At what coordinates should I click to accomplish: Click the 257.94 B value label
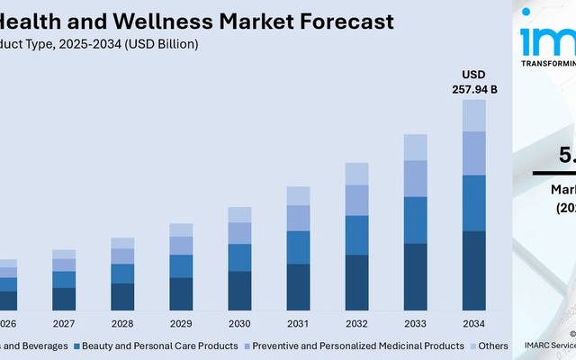[x=474, y=89]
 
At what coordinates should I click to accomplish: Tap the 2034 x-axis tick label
[x=474, y=323]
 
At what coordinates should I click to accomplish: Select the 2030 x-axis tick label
[x=239, y=323]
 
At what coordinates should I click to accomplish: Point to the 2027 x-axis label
[x=64, y=323]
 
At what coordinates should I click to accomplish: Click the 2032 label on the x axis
[x=356, y=323]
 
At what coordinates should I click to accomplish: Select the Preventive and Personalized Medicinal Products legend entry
[x=358, y=346]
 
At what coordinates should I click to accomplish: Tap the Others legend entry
[x=492, y=346]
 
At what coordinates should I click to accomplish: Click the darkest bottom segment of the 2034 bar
[x=474, y=271]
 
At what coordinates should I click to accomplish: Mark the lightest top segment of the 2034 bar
[x=474, y=115]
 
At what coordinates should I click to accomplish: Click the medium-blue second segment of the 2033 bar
[x=415, y=220]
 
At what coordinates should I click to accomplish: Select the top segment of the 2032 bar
[x=356, y=174]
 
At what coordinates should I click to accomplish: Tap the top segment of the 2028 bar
[x=122, y=243]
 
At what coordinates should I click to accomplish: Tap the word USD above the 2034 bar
[x=474, y=74]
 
